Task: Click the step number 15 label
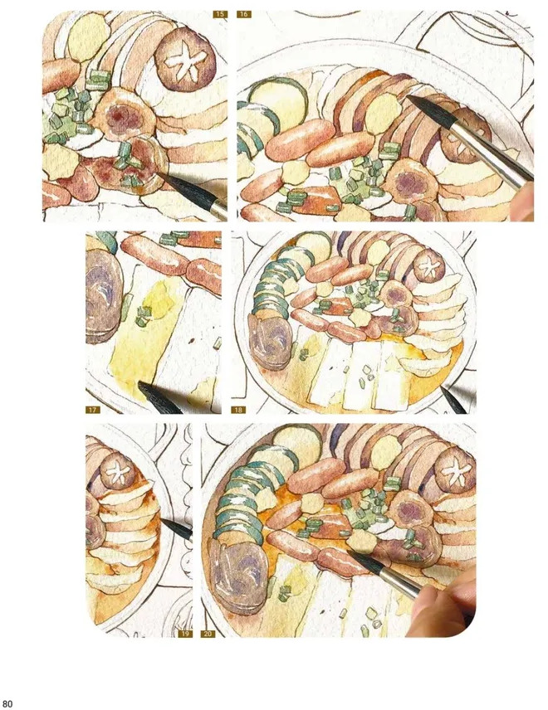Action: (220, 14)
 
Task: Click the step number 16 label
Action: (244, 14)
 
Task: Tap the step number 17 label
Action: (92, 410)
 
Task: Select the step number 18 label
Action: (238, 410)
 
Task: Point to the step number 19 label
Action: (185, 634)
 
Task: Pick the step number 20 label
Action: (208, 634)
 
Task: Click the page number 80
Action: (7, 703)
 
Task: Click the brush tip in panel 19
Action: (163, 520)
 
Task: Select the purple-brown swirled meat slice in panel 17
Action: (103, 297)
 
